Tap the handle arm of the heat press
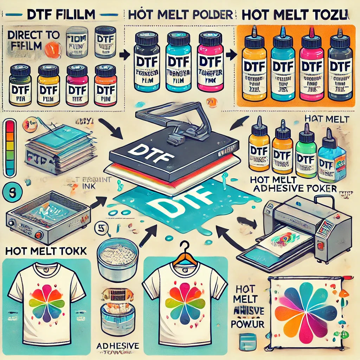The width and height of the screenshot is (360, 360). [x=165, y=116]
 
